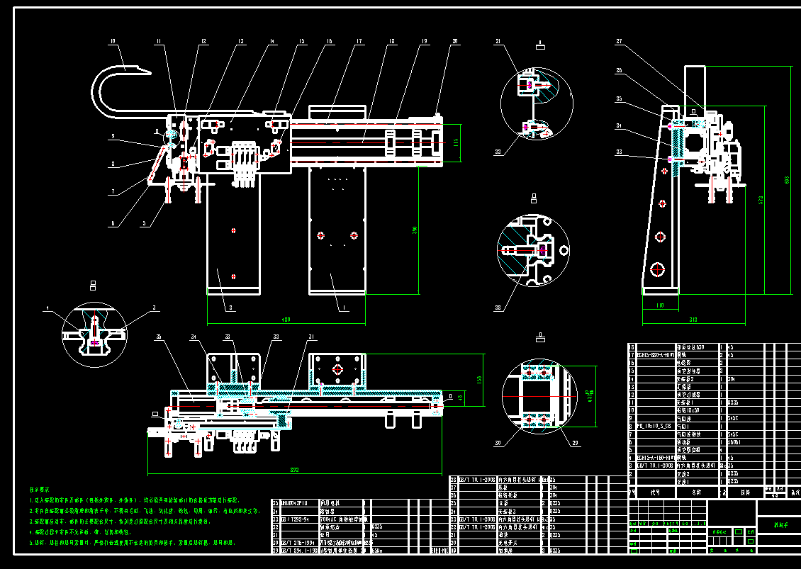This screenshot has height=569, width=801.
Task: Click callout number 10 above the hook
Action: tap(112, 42)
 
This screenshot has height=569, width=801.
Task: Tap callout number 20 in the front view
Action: tap(455, 42)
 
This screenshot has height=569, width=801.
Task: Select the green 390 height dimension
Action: tap(414, 230)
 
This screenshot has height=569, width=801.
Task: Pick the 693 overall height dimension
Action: tap(786, 180)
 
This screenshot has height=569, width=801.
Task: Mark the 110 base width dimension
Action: tap(659, 306)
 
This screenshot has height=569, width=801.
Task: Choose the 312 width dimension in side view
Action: tap(693, 320)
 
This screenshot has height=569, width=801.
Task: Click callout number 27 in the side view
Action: tap(619, 42)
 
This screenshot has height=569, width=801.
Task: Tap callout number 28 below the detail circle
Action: tap(498, 307)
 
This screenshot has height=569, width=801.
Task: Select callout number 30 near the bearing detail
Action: tap(498, 444)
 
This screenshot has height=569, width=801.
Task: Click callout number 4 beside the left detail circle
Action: tap(47, 308)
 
